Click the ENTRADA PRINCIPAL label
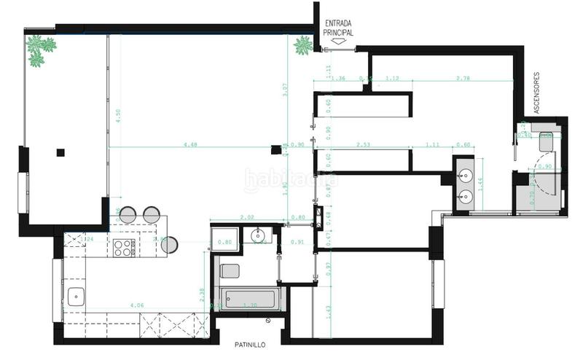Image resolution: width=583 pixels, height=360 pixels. click(339, 28)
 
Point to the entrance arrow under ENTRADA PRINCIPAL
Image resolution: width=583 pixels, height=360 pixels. click(338, 42)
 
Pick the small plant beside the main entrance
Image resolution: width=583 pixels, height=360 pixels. click(302, 46)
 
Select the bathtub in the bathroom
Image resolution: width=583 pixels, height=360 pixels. click(248, 299)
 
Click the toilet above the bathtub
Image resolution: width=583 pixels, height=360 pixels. click(229, 271)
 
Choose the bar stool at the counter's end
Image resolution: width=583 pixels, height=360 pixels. click(169, 244)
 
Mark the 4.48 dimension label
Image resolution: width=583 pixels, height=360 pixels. click(191, 144)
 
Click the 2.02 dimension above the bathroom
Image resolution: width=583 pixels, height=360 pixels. click(246, 216)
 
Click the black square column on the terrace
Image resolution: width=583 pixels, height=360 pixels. click(60, 152)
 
